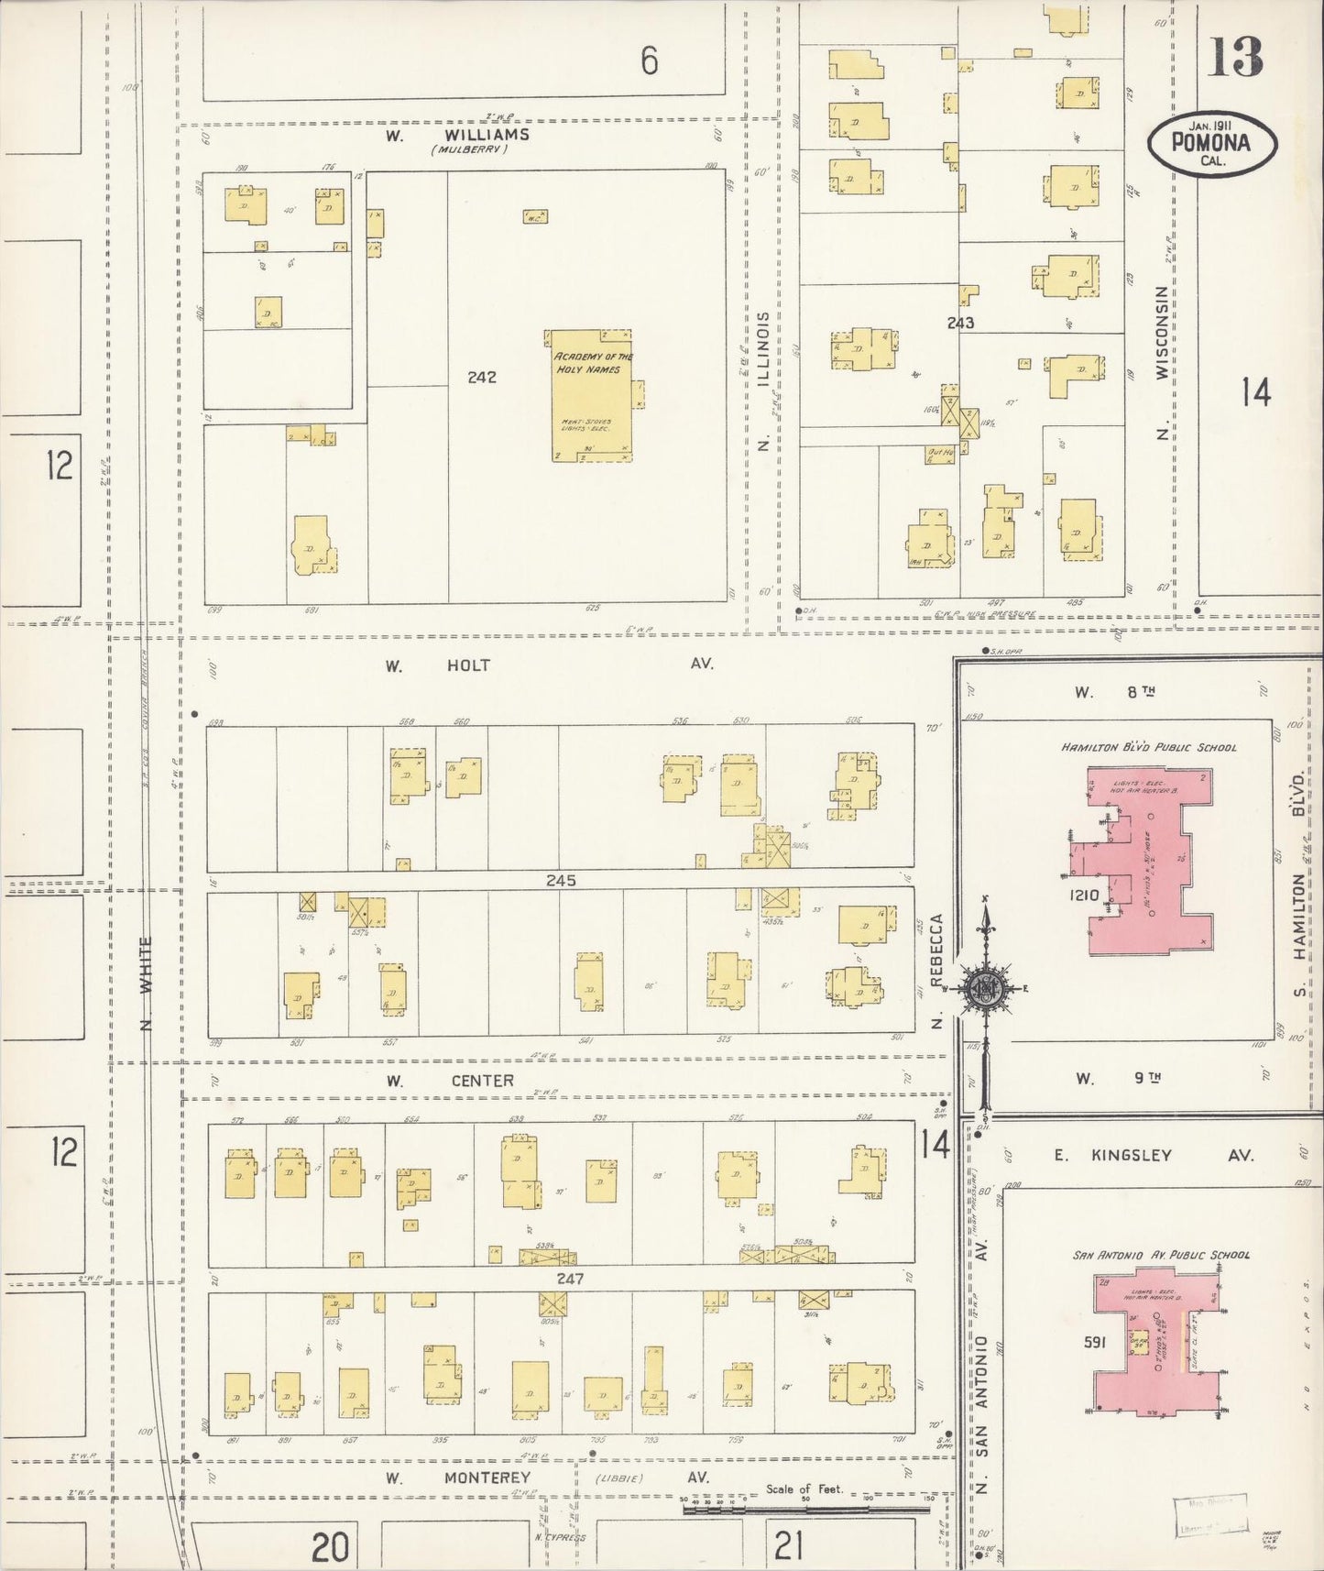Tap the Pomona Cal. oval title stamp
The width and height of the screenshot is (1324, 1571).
pyautogui.click(x=1211, y=144)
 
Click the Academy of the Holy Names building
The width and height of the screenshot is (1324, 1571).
pyautogui.click(x=592, y=396)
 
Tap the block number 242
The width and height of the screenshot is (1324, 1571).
pyautogui.click(x=482, y=377)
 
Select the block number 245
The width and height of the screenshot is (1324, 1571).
pyautogui.click(x=561, y=880)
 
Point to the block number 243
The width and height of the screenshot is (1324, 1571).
pyautogui.click(x=960, y=323)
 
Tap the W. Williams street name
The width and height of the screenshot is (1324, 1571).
pyautogui.click(x=457, y=135)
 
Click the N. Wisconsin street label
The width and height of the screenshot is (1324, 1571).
pyautogui.click(x=1163, y=362)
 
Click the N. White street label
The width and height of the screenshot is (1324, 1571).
pyautogui.click(x=148, y=983)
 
